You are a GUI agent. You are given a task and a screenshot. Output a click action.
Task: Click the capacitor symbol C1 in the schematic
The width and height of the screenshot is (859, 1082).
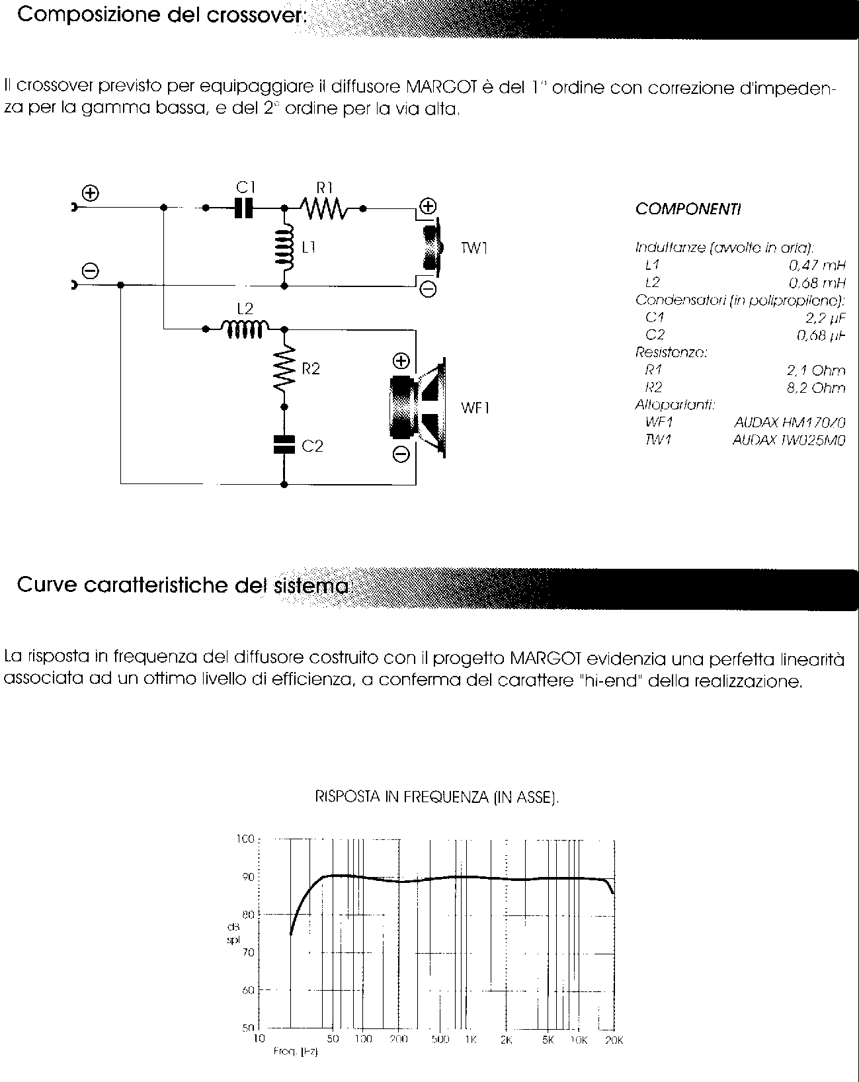pos(243,208)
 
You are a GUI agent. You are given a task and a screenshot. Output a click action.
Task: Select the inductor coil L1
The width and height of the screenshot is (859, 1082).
pos(285,247)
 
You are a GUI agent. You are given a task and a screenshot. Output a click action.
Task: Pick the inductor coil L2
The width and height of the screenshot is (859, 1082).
pos(243,327)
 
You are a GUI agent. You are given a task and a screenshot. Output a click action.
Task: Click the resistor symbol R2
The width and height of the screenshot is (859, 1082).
pos(285,369)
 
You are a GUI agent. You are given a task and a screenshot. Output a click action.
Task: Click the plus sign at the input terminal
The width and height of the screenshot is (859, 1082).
pos(91,192)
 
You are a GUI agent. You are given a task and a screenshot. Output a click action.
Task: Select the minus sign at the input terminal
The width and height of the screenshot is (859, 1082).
pos(91,270)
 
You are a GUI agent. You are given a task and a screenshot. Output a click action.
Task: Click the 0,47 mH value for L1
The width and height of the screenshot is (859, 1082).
pos(817,265)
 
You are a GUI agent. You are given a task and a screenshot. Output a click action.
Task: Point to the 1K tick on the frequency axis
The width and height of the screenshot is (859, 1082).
pos(470,1039)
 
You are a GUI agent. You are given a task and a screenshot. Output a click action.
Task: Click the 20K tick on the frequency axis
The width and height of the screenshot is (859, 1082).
pos(614,1040)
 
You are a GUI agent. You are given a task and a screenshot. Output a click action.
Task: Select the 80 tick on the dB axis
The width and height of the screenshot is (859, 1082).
pos(248,915)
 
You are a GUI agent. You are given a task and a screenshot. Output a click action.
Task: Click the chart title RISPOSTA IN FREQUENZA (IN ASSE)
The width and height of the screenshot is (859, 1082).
pos(436,798)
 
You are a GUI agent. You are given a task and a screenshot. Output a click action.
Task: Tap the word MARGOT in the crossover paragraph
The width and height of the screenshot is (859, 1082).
pos(438,87)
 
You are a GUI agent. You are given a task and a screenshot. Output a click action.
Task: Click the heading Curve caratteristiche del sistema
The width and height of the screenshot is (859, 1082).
pos(183,585)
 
